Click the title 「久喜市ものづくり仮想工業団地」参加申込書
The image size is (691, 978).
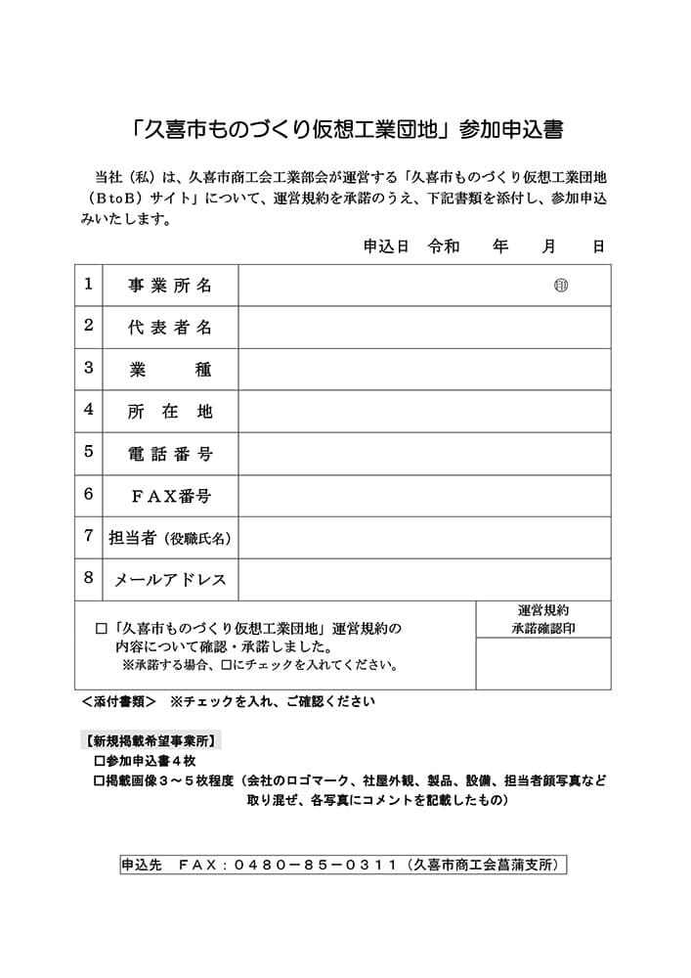coord(345,130)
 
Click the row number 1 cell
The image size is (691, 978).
coord(88,285)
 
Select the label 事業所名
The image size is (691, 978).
coord(170,286)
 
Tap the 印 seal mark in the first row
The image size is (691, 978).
coord(561,286)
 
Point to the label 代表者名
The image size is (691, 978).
coord(170,328)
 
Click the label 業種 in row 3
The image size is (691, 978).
coord(170,370)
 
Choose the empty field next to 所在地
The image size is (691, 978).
coord(425,412)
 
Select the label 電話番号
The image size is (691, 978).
coord(170,454)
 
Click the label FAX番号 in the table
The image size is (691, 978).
coord(171,496)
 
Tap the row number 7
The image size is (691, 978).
coord(88,536)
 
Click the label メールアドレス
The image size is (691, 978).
coord(171,580)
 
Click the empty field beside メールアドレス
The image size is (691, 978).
coord(425,580)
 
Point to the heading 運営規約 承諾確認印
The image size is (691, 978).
coord(543,619)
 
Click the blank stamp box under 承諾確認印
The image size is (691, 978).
coord(543,664)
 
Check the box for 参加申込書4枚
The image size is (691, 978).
coord(98,760)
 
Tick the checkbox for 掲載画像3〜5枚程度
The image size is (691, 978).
coord(98,780)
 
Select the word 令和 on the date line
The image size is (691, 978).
coord(444,246)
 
